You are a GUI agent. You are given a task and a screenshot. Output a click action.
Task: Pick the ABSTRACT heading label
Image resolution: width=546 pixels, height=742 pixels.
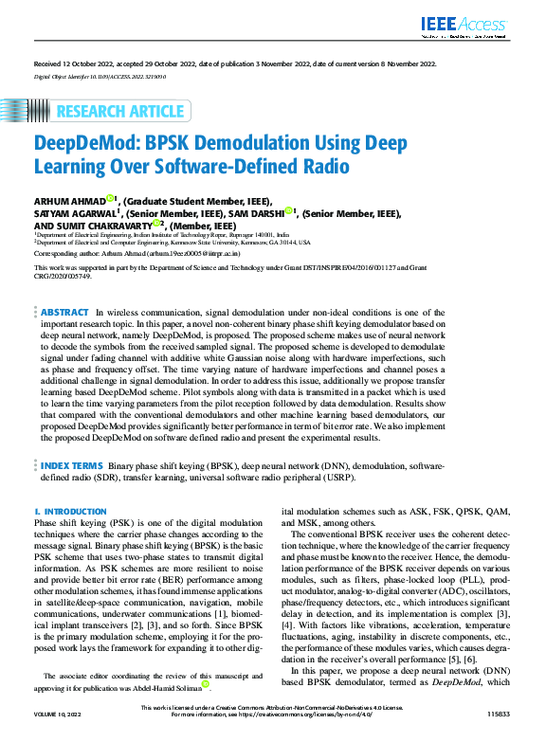pos(65,312)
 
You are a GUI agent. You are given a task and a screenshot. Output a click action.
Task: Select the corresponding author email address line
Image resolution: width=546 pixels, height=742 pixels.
pos(137,254)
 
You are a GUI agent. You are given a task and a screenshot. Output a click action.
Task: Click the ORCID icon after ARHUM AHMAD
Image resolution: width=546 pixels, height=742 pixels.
pos(110,199)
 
